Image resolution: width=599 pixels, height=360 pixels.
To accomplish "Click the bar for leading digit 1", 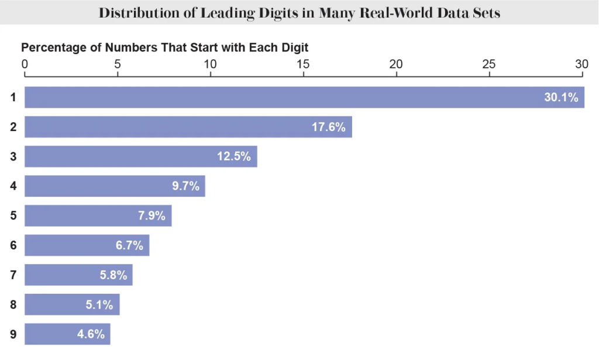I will pyautogui.click(x=281, y=97).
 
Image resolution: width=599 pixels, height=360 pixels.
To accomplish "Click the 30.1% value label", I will pyautogui.click(x=560, y=98).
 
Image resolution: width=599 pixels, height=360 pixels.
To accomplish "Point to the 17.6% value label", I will pyautogui.click(x=328, y=127).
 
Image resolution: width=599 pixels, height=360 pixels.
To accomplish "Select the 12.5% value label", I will pyautogui.click(x=233, y=156).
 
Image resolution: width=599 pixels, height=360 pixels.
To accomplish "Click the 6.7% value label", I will pyautogui.click(x=129, y=245).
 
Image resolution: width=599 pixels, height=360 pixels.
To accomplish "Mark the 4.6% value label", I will pyautogui.click(x=91, y=334).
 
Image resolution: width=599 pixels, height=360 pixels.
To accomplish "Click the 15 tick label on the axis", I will pyautogui.click(x=303, y=64).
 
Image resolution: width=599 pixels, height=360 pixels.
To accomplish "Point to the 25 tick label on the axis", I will pyautogui.click(x=489, y=64).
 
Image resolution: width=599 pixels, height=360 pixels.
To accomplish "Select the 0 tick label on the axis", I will pyautogui.click(x=25, y=64).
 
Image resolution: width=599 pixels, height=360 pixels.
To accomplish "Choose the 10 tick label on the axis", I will pyautogui.click(x=210, y=64).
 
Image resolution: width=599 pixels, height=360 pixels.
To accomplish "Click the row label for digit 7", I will pyautogui.click(x=13, y=275).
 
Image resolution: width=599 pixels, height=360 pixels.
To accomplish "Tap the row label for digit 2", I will pyautogui.click(x=13, y=126).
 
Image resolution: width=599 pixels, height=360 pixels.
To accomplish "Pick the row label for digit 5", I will pyautogui.click(x=13, y=215).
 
